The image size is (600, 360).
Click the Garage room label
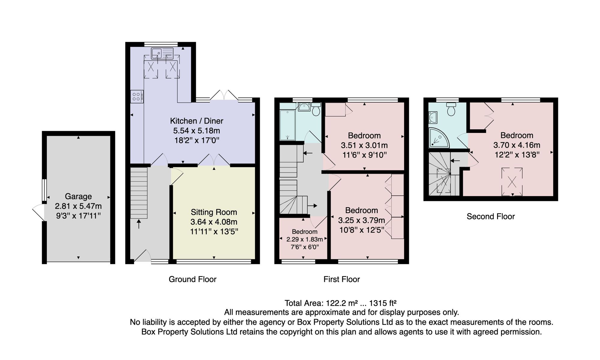tap(78, 196)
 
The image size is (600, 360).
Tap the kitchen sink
tap(162, 53)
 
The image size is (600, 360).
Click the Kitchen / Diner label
tap(196, 121)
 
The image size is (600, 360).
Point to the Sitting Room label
tap(214, 212)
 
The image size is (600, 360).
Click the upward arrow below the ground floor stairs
tap(139, 224)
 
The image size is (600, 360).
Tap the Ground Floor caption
tap(193, 279)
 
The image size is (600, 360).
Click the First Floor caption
tap(342, 279)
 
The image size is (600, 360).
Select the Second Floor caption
tap(491, 217)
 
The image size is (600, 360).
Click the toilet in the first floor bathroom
tap(316, 109)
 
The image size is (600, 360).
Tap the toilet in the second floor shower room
tap(451, 109)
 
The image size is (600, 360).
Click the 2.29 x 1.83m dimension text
tap(304, 239)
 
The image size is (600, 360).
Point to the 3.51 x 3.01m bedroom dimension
tap(364, 145)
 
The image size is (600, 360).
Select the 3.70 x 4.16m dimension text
tap(517, 145)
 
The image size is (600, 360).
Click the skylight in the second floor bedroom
tap(512, 182)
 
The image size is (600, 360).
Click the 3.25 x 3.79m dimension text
tap(361, 220)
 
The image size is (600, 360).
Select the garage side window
tap(44, 190)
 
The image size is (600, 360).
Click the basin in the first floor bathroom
tap(304, 107)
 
